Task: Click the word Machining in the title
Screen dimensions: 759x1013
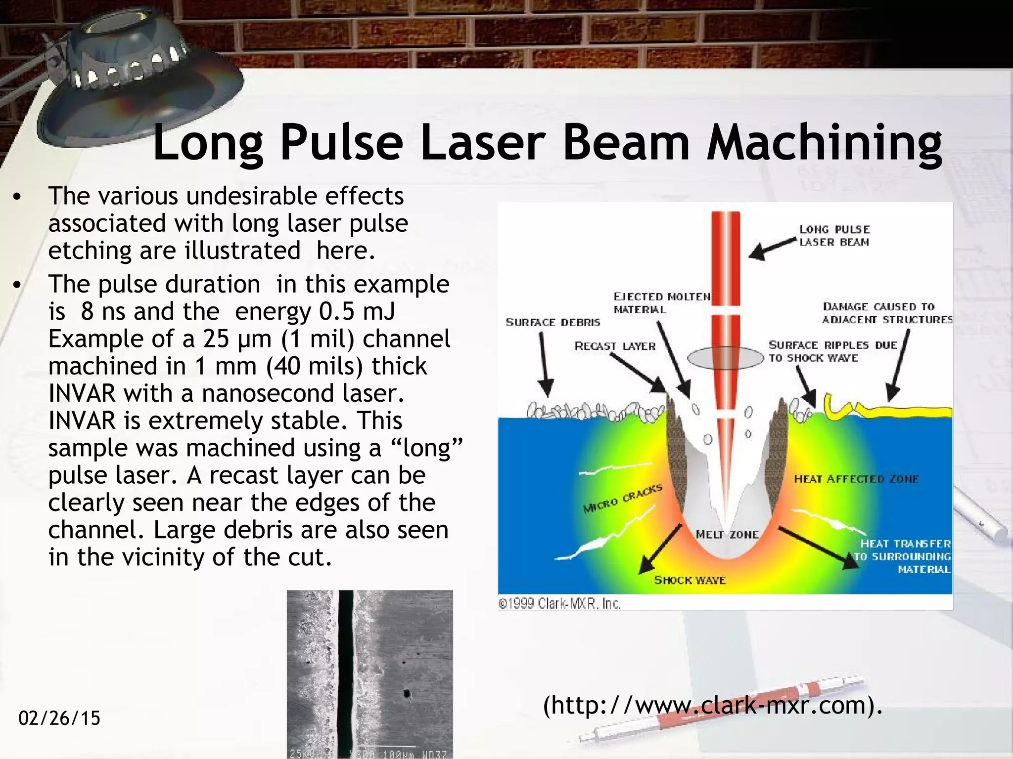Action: [825, 143]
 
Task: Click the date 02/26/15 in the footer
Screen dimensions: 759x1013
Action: [59, 718]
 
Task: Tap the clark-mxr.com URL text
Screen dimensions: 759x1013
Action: [712, 705]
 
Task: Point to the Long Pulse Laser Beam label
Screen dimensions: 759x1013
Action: [834, 236]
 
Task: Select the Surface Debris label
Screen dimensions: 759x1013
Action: [553, 323]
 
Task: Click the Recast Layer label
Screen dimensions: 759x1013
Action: [615, 346]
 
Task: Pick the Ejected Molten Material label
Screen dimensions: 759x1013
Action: [662, 303]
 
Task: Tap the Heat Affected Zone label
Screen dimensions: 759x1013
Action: [856, 479]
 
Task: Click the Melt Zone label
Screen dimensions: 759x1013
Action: [727, 535]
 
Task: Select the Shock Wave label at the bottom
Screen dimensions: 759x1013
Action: [690, 580]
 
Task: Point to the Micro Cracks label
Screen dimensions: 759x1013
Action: [622, 499]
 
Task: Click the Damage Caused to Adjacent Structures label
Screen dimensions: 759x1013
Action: [887, 313]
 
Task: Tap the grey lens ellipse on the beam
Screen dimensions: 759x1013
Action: [725, 358]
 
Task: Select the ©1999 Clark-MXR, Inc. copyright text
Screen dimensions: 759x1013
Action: [559, 603]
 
